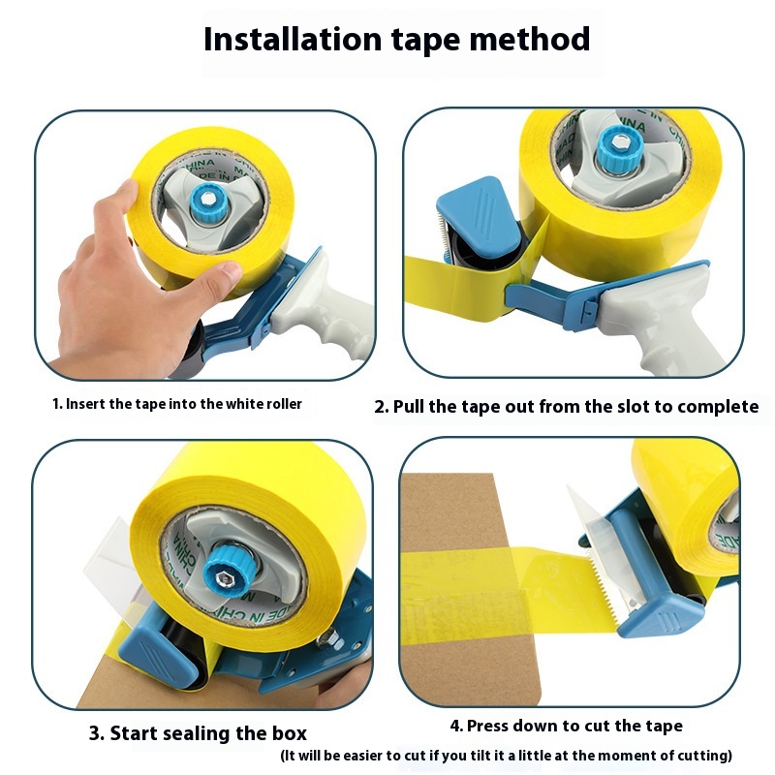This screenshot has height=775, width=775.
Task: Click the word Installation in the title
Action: pyautogui.click(x=293, y=39)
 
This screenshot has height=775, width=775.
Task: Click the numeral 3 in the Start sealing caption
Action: pyautogui.click(x=94, y=733)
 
